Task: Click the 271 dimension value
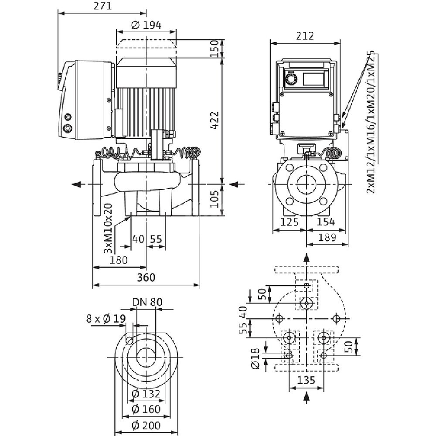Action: (103, 6)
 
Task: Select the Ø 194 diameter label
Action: (146, 25)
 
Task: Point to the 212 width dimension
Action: (305, 36)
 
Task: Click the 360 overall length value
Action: (146, 278)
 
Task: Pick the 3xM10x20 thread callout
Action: (107, 229)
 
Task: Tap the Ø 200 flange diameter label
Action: (146, 425)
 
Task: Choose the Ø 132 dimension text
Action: (146, 394)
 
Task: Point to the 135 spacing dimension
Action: (307, 380)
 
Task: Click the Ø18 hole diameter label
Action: (256, 358)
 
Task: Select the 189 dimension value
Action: (327, 237)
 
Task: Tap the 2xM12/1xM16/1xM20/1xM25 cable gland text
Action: (371, 121)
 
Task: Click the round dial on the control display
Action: (290, 79)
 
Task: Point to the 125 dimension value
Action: (290, 222)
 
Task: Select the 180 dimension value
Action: (119, 260)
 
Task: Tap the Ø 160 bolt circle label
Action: (146, 409)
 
